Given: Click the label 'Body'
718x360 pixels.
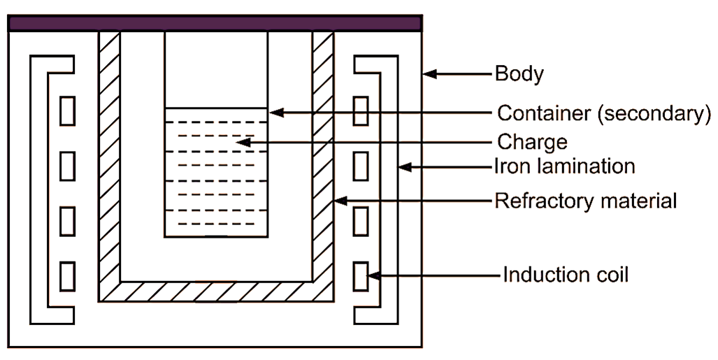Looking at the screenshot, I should [519, 74].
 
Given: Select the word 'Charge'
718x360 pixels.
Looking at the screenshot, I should [532, 142].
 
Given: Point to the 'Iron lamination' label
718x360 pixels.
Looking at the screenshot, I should [565, 166].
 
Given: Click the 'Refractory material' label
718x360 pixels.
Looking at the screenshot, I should [586, 201].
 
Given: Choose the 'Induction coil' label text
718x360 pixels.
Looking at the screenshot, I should [566, 275].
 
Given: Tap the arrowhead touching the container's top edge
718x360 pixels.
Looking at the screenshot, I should [275, 112].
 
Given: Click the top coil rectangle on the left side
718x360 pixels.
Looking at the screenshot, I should [67, 111].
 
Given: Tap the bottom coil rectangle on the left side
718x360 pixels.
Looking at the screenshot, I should [67, 275].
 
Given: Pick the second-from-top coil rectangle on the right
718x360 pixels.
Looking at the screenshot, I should [361, 166].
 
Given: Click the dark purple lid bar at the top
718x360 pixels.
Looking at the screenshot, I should [215, 23].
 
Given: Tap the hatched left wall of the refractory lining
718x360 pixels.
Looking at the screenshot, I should [109, 161].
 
